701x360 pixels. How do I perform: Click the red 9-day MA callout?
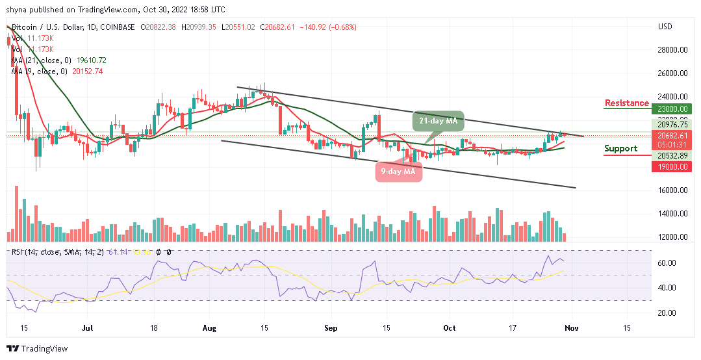tap(398, 172)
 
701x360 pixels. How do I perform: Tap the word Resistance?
tap(626, 103)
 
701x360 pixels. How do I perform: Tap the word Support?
tap(620, 148)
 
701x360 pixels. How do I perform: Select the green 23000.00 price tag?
tap(673, 109)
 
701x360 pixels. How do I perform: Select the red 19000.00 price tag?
tap(673, 166)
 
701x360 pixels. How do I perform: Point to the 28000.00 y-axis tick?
tap(673, 49)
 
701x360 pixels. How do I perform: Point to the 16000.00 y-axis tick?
tap(673, 190)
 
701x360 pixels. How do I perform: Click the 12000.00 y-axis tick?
tap(673, 237)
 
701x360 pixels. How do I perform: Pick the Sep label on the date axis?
tap(331, 329)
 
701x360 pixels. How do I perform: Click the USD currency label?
tap(665, 27)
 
